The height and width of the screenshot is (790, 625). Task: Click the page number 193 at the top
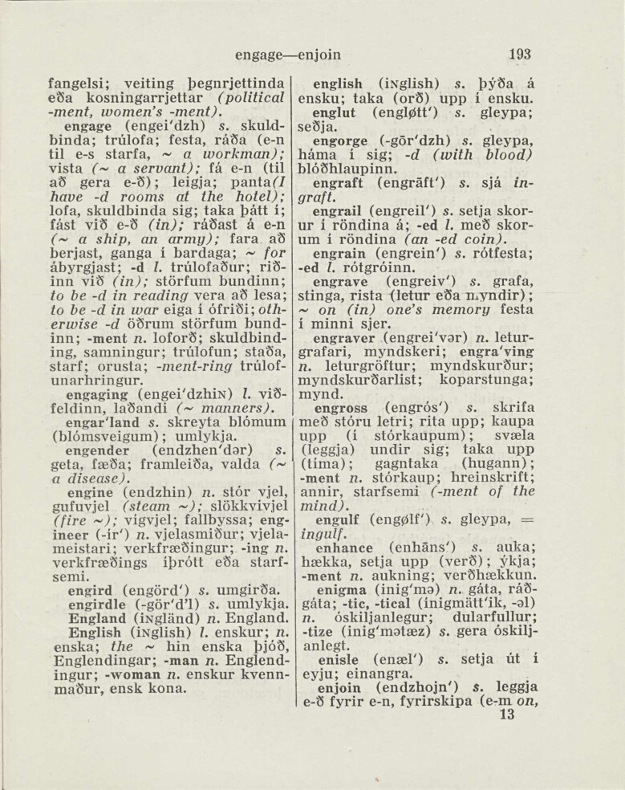click(x=519, y=55)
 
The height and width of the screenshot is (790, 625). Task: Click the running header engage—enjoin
click(x=288, y=55)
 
